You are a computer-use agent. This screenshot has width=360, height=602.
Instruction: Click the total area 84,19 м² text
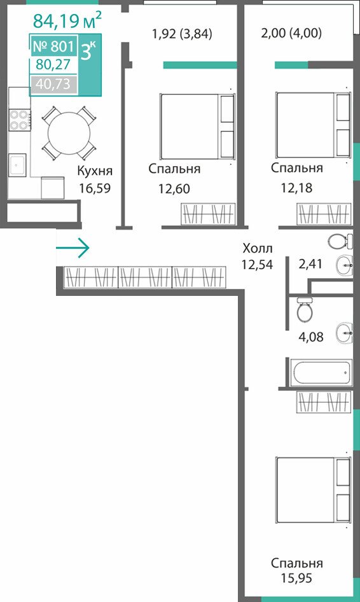[x=67, y=20]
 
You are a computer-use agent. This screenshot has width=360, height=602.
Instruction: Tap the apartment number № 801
[x=53, y=46]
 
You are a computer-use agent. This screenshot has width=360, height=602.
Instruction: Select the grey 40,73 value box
[x=53, y=84]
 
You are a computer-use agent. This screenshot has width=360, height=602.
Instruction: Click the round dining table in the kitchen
[x=69, y=133]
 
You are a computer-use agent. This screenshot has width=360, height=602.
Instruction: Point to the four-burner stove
[x=19, y=120]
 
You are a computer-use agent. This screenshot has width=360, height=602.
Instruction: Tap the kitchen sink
[x=17, y=165]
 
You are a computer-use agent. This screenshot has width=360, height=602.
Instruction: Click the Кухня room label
[x=95, y=171]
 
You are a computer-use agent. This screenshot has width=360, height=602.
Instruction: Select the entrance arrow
[x=73, y=248]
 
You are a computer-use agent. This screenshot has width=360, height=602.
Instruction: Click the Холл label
[x=258, y=248]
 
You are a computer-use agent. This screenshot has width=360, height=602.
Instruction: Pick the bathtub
[x=321, y=372]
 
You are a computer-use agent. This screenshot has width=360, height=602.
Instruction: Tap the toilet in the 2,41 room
[x=340, y=241]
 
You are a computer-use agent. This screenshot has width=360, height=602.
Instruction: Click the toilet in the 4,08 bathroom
[x=305, y=309]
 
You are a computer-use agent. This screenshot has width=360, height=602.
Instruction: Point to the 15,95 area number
[x=296, y=578]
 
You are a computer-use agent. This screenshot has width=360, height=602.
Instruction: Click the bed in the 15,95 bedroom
[x=313, y=490]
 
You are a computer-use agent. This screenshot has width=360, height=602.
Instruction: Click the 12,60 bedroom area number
[x=174, y=189]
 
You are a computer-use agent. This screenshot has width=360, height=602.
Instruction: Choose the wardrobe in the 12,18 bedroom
[x=324, y=214]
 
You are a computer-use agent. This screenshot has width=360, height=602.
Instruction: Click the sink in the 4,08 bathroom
[x=344, y=332]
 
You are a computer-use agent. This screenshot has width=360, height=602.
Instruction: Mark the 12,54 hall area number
[x=257, y=264]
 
